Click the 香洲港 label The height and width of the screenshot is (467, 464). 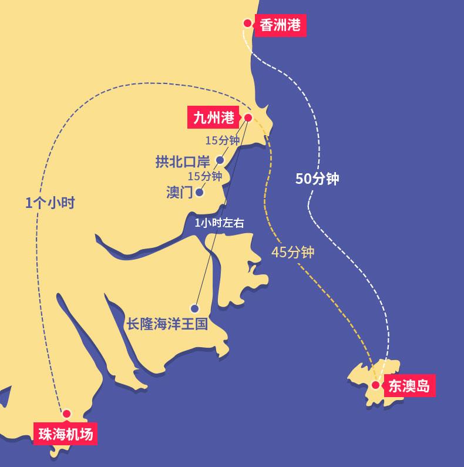click(x=280, y=25)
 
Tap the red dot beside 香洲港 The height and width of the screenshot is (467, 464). click(x=247, y=24)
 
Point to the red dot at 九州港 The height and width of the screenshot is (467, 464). click(x=248, y=117)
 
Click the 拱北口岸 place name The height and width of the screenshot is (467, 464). click(x=183, y=161)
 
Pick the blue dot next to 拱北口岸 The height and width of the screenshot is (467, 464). click(x=220, y=160)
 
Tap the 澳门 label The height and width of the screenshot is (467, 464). click(x=179, y=193)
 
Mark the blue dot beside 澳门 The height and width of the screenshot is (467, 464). click(x=200, y=192)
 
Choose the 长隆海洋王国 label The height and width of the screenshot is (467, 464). click(x=167, y=324)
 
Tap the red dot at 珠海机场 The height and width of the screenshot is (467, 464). click(x=66, y=414)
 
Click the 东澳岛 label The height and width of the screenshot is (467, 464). click(x=409, y=385)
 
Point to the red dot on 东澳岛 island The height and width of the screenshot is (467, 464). click(x=375, y=385)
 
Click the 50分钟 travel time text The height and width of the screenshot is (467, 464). click(x=317, y=179)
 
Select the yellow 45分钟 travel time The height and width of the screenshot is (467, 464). click(x=293, y=253)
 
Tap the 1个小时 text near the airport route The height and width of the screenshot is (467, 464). click(x=51, y=202)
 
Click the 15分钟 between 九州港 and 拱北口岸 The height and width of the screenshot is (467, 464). click(x=223, y=140)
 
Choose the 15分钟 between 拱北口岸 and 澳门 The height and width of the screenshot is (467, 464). click(x=204, y=176)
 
